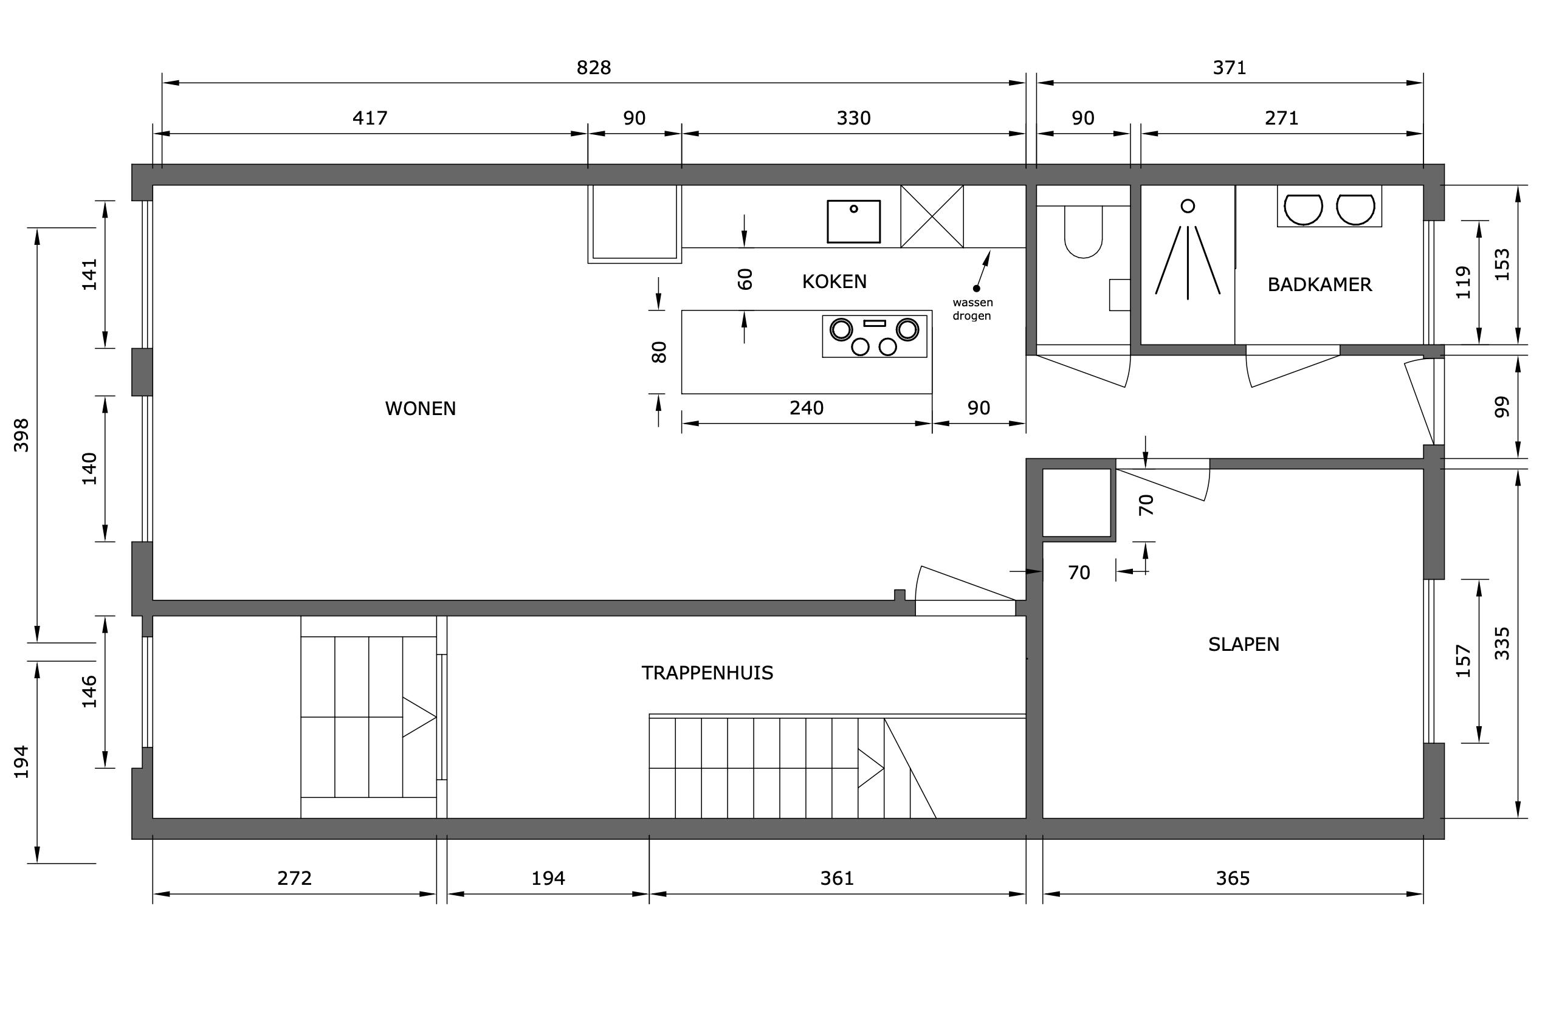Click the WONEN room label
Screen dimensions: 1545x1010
[x=420, y=408]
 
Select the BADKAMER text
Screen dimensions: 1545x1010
[x=1320, y=284]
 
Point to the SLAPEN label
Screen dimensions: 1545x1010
[x=1243, y=644]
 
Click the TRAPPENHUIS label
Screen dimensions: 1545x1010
[x=707, y=673]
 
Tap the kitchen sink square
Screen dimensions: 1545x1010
[x=854, y=221]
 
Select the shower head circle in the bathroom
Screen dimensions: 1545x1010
[x=1188, y=206]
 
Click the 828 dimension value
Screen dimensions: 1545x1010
[x=594, y=67]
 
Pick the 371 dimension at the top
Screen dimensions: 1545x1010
[x=1230, y=67]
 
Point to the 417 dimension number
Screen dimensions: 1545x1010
[x=370, y=118]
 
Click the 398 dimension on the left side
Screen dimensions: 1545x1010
[x=21, y=435]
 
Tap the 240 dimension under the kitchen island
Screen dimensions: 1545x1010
[x=807, y=408]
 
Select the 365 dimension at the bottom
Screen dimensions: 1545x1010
[x=1232, y=878]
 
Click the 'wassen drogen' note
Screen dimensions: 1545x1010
[x=972, y=309]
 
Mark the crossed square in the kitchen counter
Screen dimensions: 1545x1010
[x=932, y=216]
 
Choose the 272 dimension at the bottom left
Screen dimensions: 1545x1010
[x=294, y=878]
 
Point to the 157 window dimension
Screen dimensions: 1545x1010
[x=1463, y=661]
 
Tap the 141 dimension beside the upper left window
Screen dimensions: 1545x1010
[x=89, y=275]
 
